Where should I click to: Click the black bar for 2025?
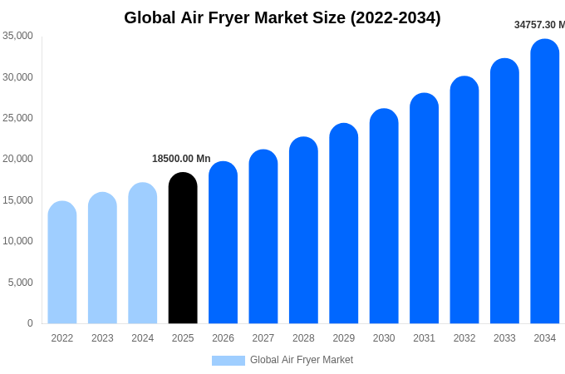183,249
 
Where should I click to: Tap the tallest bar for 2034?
545,183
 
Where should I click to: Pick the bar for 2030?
384,218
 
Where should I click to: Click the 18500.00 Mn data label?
181,159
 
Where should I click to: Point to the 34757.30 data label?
539,25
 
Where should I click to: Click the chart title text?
282,17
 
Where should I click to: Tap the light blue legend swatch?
228,361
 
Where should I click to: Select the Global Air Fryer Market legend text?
302,360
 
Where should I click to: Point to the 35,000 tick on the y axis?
17,36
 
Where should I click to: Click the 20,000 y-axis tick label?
17,159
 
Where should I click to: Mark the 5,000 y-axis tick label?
20,283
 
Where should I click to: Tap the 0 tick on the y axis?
30,323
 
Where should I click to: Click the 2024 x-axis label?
143,338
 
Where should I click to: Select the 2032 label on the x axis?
464,338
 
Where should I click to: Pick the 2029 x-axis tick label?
344,338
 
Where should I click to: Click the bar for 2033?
504,192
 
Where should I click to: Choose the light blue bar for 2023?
102,258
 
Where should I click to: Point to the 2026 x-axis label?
223,338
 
